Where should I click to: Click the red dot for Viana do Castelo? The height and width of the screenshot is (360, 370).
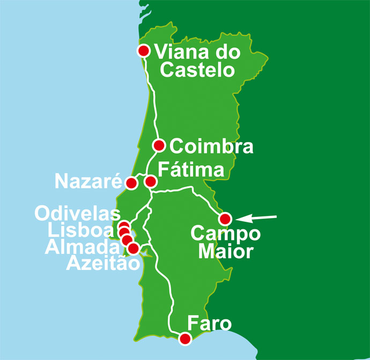(x=143, y=51)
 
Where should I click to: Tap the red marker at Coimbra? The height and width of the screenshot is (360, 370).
(x=159, y=145)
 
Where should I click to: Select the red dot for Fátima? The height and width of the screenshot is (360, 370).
(x=151, y=181)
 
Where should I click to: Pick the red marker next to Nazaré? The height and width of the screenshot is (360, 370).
(x=131, y=183)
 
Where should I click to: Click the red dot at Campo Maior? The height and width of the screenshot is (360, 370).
(x=225, y=219)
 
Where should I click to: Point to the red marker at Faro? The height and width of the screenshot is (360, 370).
(x=185, y=339)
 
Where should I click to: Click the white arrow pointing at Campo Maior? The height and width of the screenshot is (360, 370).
(x=257, y=217)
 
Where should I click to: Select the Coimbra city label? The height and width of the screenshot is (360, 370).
(x=211, y=146)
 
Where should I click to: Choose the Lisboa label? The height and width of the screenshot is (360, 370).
(x=81, y=231)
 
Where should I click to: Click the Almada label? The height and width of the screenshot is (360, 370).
(x=82, y=247)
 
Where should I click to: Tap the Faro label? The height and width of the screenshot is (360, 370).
(x=209, y=324)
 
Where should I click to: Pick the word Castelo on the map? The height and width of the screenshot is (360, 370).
(x=197, y=70)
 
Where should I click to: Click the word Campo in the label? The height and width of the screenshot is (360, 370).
(x=225, y=234)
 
